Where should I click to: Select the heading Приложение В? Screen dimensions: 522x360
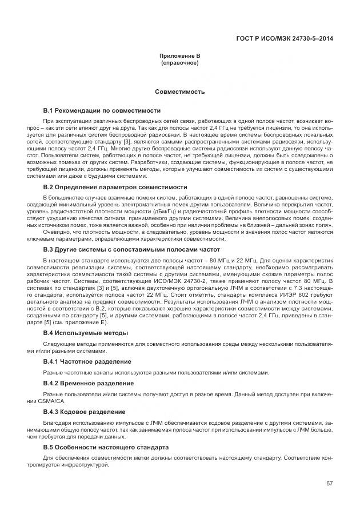pos(179,56)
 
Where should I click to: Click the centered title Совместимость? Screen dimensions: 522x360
pos(179,91)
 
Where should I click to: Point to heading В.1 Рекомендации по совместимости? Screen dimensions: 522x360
pos(102,110)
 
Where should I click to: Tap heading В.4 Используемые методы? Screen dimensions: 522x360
pos(86,333)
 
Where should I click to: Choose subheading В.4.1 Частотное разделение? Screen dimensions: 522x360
pos(87,362)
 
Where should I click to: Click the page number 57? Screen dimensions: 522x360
pos(330,484)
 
